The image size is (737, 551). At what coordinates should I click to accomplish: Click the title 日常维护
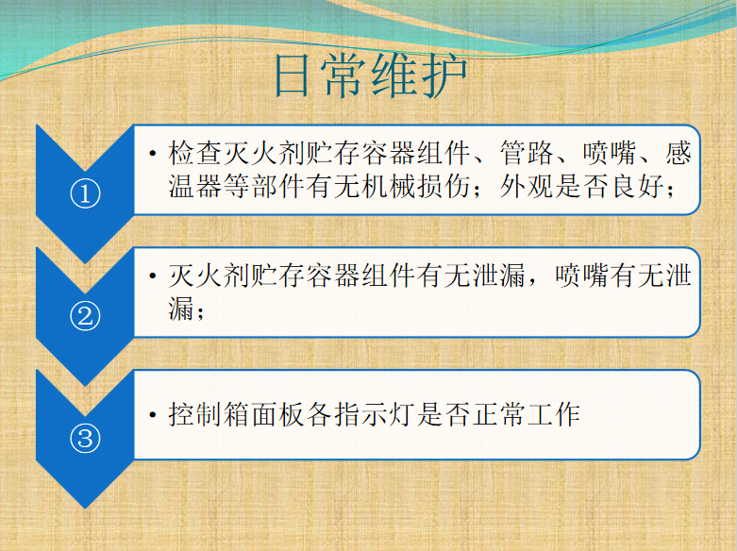pyautogui.click(x=371, y=75)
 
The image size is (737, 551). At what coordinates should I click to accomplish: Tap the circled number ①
pyautogui.click(x=85, y=193)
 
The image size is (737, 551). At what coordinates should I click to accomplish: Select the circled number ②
pyautogui.click(x=85, y=316)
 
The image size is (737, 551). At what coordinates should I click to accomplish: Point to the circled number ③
pyautogui.click(x=85, y=439)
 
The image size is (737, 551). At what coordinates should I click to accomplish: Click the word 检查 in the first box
pyautogui.click(x=195, y=153)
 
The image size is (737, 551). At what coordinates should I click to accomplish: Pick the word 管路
pyautogui.click(x=527, y=153)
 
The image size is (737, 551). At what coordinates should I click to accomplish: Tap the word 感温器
pyautogui.click(x=678, y=169)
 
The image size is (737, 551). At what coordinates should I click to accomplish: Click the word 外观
pyautogui.click(x=527, y=186)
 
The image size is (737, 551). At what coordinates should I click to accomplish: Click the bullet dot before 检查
pyautogui.click(x=152, y=153)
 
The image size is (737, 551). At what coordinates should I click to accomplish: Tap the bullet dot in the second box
pyautogui.click(x=152, y=275)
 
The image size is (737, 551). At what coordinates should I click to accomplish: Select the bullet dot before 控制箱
pyautogui.click(x=152, y=414)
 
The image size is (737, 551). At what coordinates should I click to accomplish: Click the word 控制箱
pyautogui.click(x=209, y=414)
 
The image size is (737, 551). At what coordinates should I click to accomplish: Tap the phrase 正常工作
pyautogui.click(x=526, y=414)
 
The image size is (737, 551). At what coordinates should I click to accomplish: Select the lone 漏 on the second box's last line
pyautogui.click(x=181, y=309)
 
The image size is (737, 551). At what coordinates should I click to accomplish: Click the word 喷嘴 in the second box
pyautogui.click(x=581, y=275)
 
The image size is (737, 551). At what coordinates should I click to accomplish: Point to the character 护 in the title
pyautogui.click(x=444, y=75)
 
